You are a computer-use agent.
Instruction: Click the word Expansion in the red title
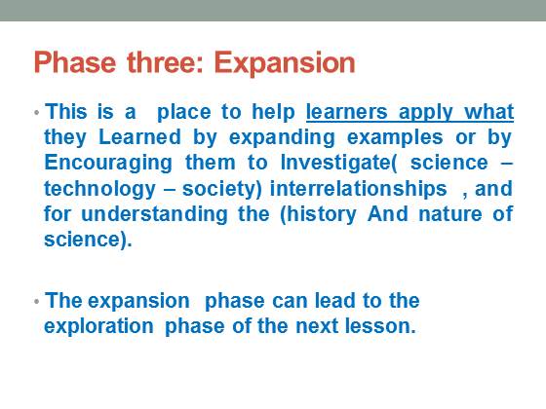click(x=285, y=63)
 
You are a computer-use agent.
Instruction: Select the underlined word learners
click(x=346, y=112)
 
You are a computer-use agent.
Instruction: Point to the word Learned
click(x=140, y=137)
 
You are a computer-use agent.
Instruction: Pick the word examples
click(x=395, y=138)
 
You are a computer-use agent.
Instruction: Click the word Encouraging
click(x=108, y=164)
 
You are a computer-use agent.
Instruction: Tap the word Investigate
click(x=335, y=164)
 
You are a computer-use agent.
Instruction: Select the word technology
click(x=99, y=190)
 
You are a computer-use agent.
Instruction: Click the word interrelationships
click(x=359, y=190)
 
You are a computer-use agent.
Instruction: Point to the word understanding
click(x=154, y=215)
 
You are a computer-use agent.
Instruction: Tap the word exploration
click(x=98, y=327)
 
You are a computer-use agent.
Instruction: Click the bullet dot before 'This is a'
click(x=37, y=112)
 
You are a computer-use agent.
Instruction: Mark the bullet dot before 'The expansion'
click(x=37, y=301)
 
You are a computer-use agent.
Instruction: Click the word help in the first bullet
click(x=273, y=113)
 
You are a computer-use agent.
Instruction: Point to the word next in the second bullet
click(x=317, y=326)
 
